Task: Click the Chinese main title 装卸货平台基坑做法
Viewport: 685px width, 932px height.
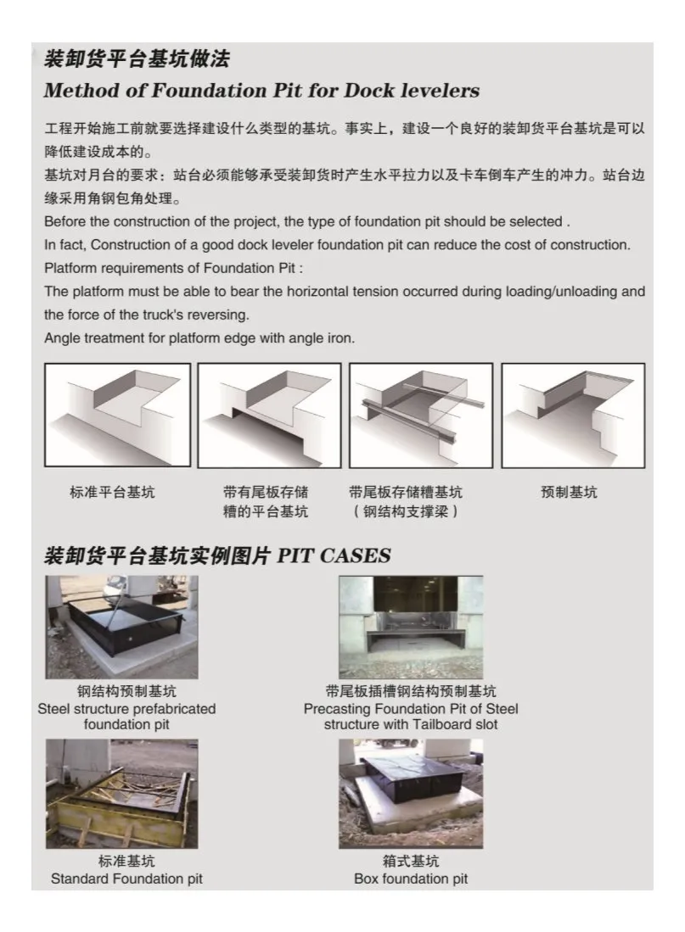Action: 137,59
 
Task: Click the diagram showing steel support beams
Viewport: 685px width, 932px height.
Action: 420,416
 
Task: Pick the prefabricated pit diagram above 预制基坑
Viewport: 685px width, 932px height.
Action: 572,416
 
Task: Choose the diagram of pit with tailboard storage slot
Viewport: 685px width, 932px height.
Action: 269,416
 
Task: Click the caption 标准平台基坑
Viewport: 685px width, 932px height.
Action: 112,493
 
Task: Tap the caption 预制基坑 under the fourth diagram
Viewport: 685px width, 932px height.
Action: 569,493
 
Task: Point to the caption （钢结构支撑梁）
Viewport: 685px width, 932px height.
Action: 407,512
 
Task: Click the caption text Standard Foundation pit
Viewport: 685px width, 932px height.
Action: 126,879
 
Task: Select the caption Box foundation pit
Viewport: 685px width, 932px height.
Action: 411,879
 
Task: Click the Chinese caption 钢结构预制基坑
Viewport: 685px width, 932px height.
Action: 126,691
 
